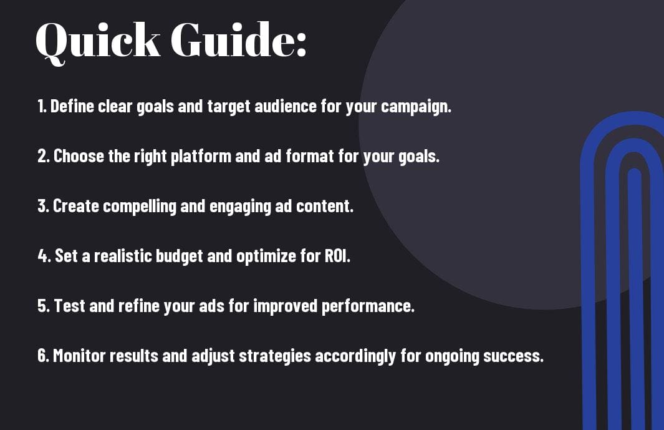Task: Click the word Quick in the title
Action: click(x=98, y=41)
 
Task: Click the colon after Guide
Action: click(x=301, y=45)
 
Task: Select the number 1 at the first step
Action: click(x=41, y=106)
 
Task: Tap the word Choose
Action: click(x=79, y=156)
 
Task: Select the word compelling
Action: click(x=139, y=207)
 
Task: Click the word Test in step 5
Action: click(x=69, y=306)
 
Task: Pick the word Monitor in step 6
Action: click(x=79, y=356)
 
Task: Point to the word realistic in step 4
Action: click(x=123, y=256)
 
